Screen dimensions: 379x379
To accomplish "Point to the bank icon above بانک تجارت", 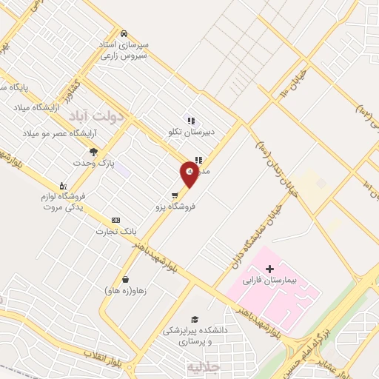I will (x=115, y=220).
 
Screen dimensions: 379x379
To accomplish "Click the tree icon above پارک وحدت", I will (x=93, y=151).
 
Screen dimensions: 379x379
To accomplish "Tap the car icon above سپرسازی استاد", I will (x=125, y=33).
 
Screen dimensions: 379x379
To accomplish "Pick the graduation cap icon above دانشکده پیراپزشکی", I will (x=195, y=318).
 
